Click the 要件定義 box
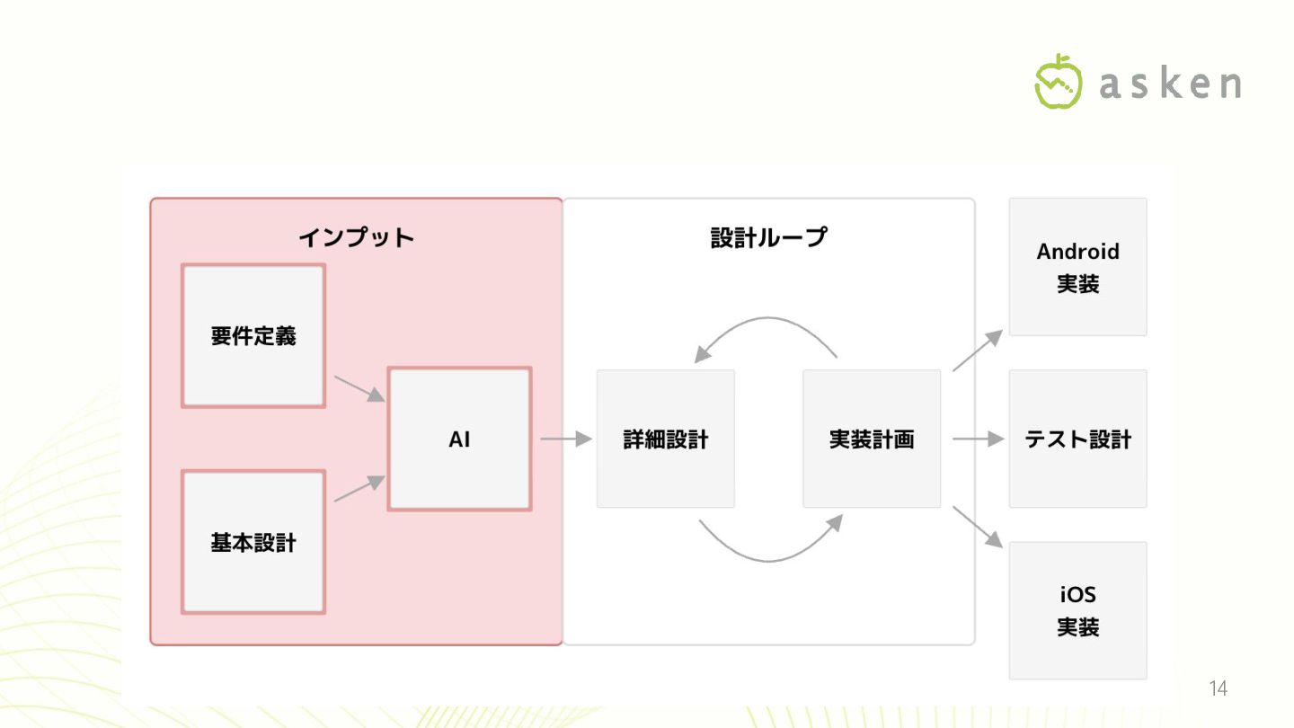coord(253,335)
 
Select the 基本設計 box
coord(253,542)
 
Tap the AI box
coord(459,439)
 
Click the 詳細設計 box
coord(665,439)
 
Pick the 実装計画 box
coord(871,439)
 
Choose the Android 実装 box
coord(1077,267)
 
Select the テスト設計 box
coord(1077,439)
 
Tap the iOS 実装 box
coord(1077,610)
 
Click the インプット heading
coord(356,237)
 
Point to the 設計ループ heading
coord(768,237)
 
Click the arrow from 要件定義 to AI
coord(359,388)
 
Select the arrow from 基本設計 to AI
coord(359,488)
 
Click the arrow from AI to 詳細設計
coord(565,439)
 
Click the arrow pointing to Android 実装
coord(977,351)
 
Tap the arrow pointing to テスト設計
coord(977,439)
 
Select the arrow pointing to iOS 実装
coord(977,527)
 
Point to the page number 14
coord(1218,689)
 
